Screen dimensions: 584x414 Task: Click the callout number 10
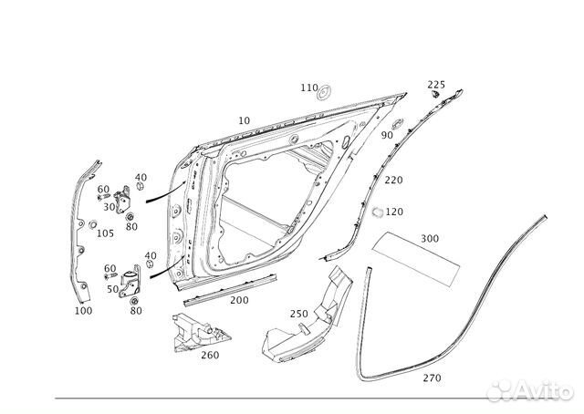pyautogui.click(x=245, y=120)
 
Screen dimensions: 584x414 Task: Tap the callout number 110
pyautogui.click(x=309, y=88)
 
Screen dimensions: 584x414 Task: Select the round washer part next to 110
pyautogui.click(x=325, y=92)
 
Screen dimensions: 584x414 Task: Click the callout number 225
pyautogui.click(x=436, y=85)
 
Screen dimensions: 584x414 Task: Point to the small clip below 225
pyautogui.click(x=434, y=94)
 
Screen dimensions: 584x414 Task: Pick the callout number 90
pyautogui.click(x=387, y=135)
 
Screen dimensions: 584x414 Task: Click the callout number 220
pyautogui.click(x=393, y=181)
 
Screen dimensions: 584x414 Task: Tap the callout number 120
pyautogui.click(x=394, y=212)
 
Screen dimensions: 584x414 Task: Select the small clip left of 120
pyautogui.click(x=378, y=212)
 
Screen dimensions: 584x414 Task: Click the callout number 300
pyautogui.click(x=430, y=238)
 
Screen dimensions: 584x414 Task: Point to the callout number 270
pyautogui.click(x=432, y=378)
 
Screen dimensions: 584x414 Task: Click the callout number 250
pyautogui.click(x=299, y=314)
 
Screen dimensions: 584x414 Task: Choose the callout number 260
pyautogui.click(x=210, y=355)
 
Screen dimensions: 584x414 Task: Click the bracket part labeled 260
pyautogui.click(x=197, y=333)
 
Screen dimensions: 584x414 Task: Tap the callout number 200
pyautogui.click(x=239, y=300)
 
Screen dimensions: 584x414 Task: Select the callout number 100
pyautogui.click(x=83, y=311)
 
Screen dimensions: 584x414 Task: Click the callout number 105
pyautogui.click(x=106, y=233)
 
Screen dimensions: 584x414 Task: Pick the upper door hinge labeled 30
pyautogui.click(x=122, y=201)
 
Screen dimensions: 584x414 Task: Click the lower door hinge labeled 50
pyautogui.click(x=130, y=282)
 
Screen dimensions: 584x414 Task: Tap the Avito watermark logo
pyautogui.click(x=530, y=391)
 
